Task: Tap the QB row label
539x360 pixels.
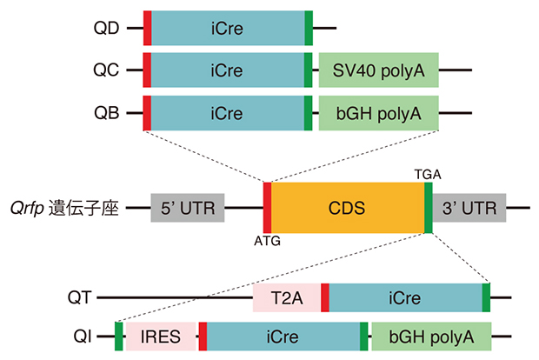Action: click(x=107, y=113)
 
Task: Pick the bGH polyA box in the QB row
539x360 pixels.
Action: click(x=378, y=113)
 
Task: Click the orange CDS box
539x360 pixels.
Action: click(x=347, y=208)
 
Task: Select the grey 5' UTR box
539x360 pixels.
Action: click(x=188, y=208)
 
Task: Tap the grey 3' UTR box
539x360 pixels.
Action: click(x=469, y=208)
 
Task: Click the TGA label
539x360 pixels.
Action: click(x=428, y=174)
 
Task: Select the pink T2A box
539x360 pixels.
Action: click(x=286, y=297)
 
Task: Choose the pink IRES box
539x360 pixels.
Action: click(x=161, y=337)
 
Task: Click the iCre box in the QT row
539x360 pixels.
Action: click(x=405, y=297)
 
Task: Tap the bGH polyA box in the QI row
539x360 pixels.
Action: click(x=430, y=337)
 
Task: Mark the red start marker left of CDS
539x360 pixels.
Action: click(x=268, y=208)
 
